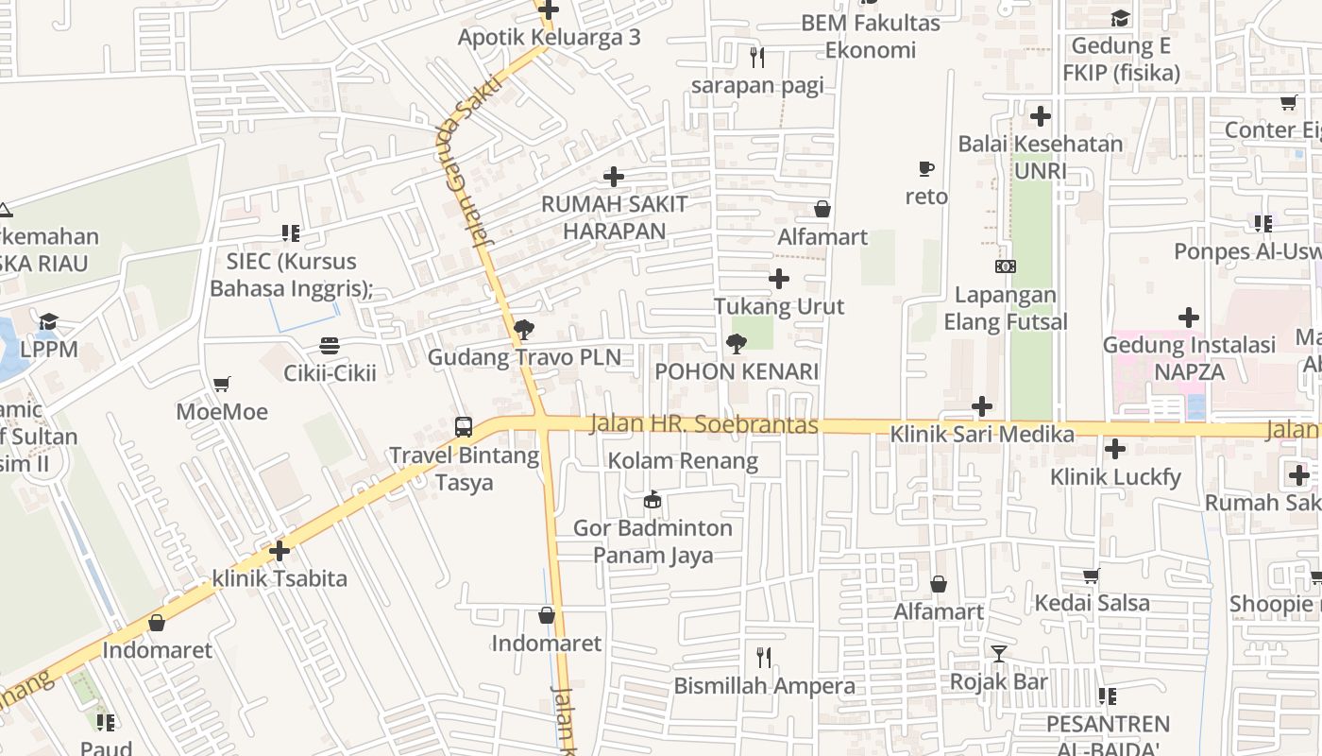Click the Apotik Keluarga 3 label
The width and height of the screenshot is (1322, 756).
tap(549, 37)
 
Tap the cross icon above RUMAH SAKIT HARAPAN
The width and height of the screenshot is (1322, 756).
tap(614, 177)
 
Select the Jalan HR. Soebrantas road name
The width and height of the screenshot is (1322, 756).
tap(703, 424)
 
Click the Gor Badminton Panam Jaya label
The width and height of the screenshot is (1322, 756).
tap(653, 541)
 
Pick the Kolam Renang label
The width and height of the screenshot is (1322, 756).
tap(683, 461)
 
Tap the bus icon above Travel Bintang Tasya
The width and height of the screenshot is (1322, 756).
tap(463, 426)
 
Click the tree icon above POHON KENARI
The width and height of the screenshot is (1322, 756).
tap(736, 344)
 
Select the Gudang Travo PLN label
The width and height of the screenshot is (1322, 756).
tap(524, 357)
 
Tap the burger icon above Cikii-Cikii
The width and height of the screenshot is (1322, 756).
tap(330, 346)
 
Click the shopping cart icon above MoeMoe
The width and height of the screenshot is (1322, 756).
tap(222, 385)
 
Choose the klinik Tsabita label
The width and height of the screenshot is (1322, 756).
tap(280, 578)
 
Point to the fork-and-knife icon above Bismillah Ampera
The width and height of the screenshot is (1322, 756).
tap(764, 658)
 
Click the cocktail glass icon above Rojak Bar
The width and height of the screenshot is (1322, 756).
tap(999, 654)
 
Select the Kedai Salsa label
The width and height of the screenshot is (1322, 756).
tap(1092, 603)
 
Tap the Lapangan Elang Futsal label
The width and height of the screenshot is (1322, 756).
tap(1006, 308)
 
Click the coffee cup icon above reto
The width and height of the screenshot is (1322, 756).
tap(926, 169)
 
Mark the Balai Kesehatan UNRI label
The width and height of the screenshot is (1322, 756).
tap(1041, 157)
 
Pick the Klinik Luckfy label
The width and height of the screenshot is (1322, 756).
tap(1115, 476)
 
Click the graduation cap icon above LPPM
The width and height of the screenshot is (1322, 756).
tap(48, 322)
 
